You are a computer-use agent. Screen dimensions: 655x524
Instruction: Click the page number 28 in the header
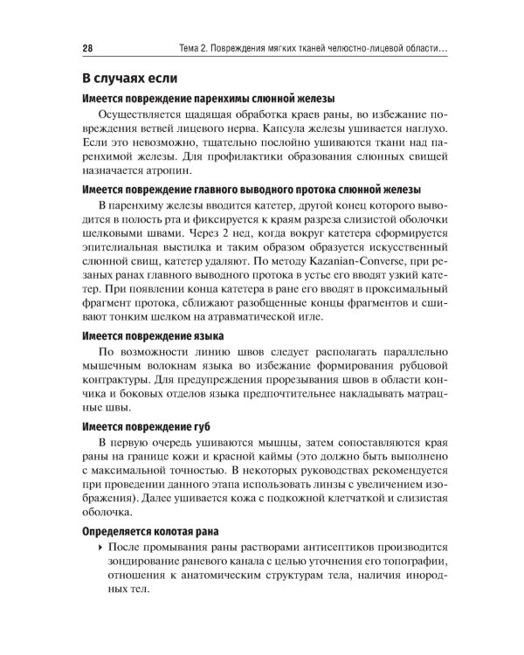[x=87, y=49]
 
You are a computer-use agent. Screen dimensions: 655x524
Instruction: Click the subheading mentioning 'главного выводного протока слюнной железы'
[x=251, y=190]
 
